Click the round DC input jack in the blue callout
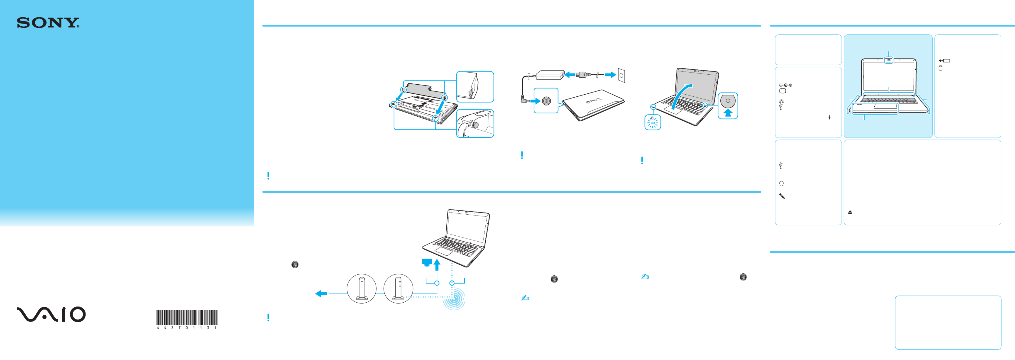[x=546, y=101]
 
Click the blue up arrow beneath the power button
[x=728, y=113]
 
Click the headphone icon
[x=781, y=184]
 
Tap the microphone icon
[x=782, y=196]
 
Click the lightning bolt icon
[x=829, y=117]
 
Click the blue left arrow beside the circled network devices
[x=321, y=294]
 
